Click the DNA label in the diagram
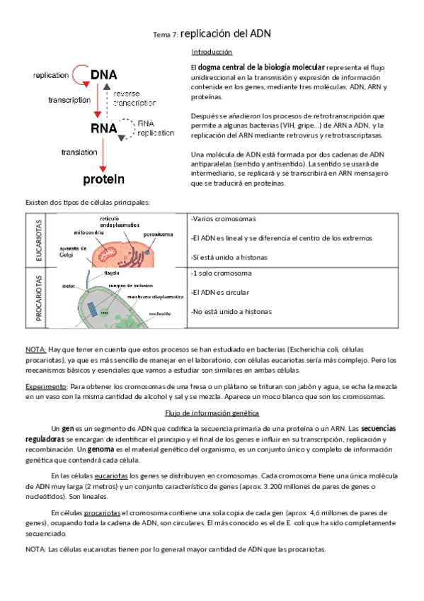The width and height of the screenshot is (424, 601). [x=103, y=75]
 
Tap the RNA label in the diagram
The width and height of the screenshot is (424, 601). [x=103, y=128]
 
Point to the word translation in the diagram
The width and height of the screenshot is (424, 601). [x=79, y=152]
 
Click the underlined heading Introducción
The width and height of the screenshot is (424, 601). [x=212, y=52]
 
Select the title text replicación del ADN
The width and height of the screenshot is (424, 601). [x=226, y=33]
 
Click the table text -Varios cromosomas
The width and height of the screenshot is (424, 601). [x=224, y=218]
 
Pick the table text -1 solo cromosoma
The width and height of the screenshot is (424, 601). [x=222, y=273]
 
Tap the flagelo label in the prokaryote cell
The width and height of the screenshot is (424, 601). [x=113, y=271]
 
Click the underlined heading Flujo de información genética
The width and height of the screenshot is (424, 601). [x=212, y=412]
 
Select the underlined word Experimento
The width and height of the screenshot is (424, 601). [x=46, y=387]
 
